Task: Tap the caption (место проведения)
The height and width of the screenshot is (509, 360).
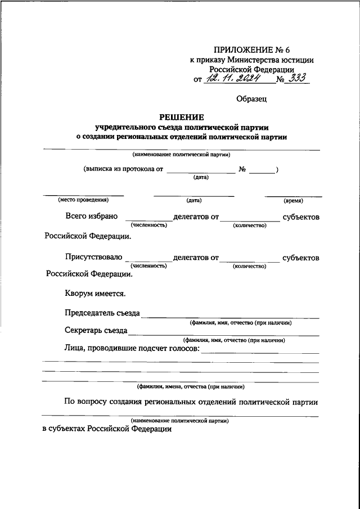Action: pyautogui.click(x=83, y=200)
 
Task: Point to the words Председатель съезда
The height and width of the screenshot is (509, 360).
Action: pyautogui.click(x=102, y=313)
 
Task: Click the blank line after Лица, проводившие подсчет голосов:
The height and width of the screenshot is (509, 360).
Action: pyautogui.click(x=259, y=353)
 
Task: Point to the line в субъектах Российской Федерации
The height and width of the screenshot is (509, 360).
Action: pyautogui.click(x=107, y=429)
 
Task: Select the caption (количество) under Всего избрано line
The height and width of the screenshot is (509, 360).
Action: pyautogui.click(x=249, y=225)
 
